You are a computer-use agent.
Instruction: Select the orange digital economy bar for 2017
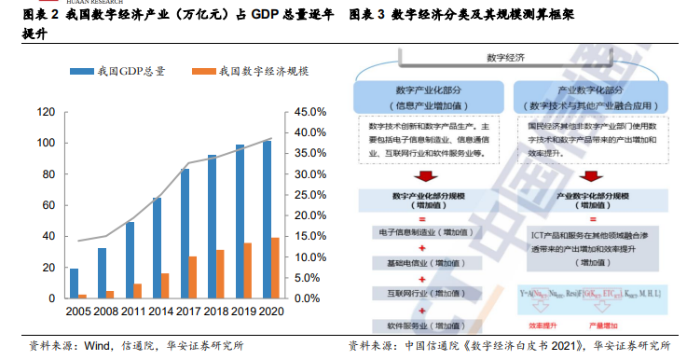point(193,277)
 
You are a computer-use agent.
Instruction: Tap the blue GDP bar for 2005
point(74,284)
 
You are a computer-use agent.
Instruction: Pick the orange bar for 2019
point(247,270)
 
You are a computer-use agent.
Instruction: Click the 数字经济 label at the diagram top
point(505,58)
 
